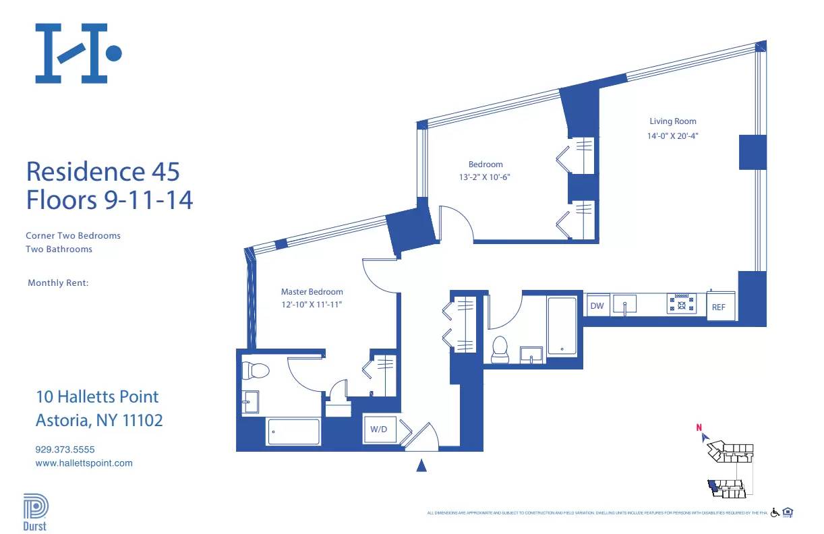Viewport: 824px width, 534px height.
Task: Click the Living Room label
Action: [672, 121]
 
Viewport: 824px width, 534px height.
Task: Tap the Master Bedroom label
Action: [312, 292]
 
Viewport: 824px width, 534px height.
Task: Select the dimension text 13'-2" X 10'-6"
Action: [485, 178]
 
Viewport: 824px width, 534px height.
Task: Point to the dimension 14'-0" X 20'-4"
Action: [672, 136]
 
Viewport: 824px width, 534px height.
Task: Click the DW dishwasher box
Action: [597, 306]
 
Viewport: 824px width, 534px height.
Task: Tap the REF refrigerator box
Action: [719, 306]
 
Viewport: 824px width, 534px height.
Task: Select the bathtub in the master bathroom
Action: [293, 432]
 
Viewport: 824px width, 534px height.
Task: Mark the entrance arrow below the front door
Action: [421, 465]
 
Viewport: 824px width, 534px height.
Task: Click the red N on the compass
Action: [699, 426]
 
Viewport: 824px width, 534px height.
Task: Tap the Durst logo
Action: [35, 512]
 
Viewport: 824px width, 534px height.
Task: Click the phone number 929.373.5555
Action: [65, 449]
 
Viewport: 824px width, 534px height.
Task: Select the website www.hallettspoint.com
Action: [84, 463]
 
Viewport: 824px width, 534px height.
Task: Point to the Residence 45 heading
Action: [102, 171]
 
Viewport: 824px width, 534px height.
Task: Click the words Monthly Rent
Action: [58, 283]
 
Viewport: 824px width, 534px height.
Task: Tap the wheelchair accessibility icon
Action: [775, 513]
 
